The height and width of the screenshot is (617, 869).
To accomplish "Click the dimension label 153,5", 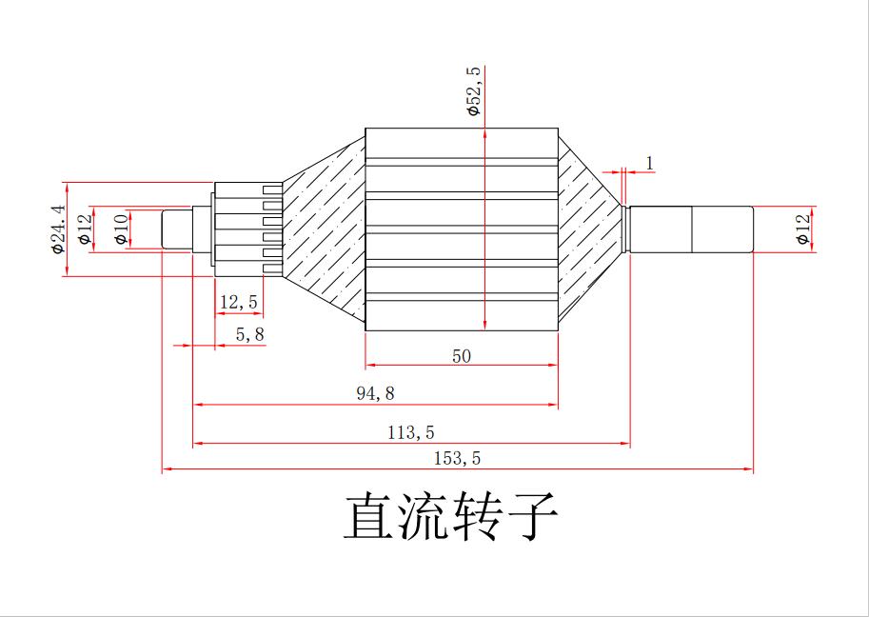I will click(x=458, y=458).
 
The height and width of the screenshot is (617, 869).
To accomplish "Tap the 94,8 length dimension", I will click(x=375, y=393).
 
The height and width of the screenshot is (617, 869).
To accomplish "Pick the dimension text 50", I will click(x=462, y=356).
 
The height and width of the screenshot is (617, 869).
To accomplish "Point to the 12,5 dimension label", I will click(x=238, y=302).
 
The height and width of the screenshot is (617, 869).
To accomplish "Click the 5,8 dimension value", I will click(x=249, y=334).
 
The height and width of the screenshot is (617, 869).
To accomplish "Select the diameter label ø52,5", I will click(x=474, y=91).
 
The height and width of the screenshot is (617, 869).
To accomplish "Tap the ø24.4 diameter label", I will click(x=59, y=229).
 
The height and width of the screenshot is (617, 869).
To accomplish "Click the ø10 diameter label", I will click(x=121, y=229).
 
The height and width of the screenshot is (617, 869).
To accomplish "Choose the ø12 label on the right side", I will click(x=804, y=229).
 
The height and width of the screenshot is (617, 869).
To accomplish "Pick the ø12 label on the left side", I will click(x=85, y=229).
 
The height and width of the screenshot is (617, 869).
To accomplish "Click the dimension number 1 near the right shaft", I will click(x=650, y=163).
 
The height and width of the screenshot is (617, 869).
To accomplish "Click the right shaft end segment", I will click(x=722, y=229).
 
